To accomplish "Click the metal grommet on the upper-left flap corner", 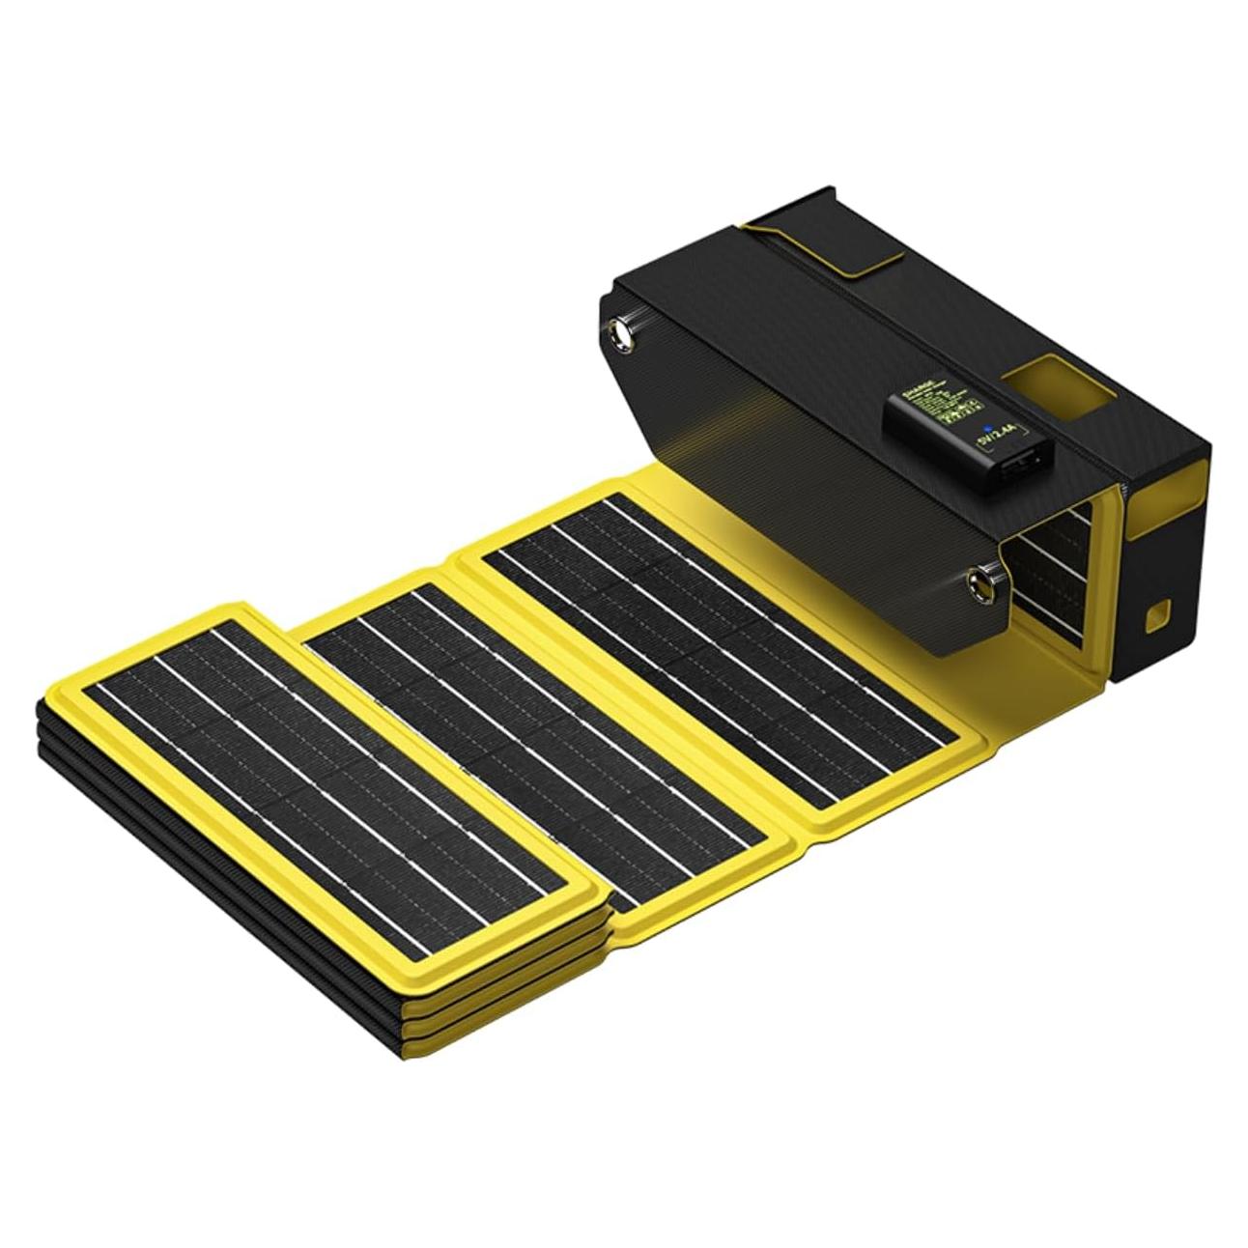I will [x=619, y=333].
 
